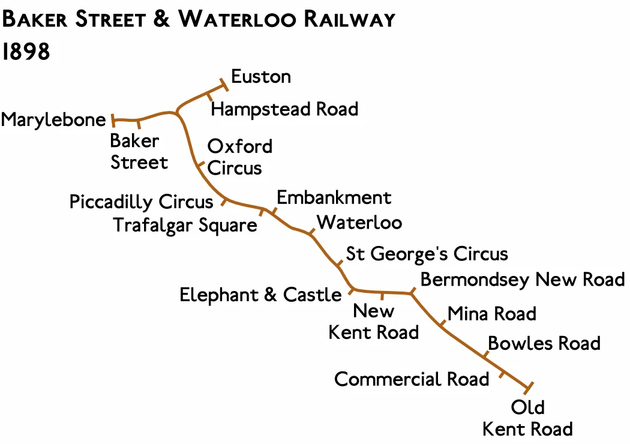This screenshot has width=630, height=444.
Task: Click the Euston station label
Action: [261, 77]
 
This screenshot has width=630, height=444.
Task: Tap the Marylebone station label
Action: [53, 120]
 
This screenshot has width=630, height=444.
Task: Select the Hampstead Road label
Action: [284, 109]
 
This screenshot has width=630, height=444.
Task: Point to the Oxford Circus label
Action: [239, 157]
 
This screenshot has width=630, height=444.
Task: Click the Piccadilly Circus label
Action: [141, 202]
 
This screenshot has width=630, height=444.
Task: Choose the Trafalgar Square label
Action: [185, 225]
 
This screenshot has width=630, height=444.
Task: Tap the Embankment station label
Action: [334, 197]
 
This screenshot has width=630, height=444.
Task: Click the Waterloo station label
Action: [359, 223]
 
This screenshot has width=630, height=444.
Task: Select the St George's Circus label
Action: [427, 254]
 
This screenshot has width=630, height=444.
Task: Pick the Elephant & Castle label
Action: [260, 295]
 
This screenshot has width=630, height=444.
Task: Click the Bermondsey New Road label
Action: [523, 280]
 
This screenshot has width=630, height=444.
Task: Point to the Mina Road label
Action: [492, 313]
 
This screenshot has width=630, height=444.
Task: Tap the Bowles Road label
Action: [544, 343]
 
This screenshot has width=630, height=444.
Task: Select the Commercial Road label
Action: [412, 379]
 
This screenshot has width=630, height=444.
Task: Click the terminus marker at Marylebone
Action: [112, 120]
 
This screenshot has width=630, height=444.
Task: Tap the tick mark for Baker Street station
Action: [139, 124]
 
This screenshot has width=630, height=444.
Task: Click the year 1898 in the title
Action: [26, 52]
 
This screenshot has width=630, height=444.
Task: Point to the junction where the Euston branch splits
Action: [177, 112]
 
